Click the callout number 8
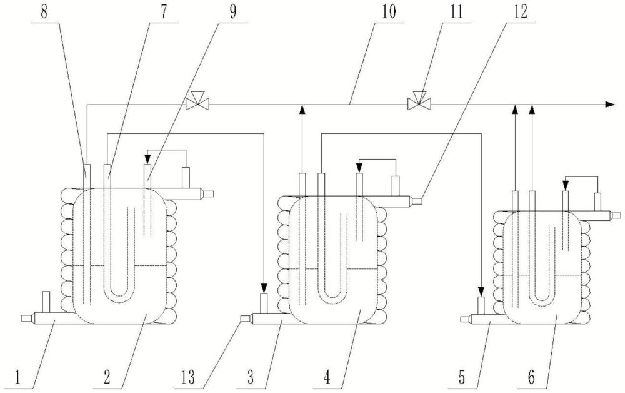click(x=44, y=11)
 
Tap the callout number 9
click(x=232, y=11)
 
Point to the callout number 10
click(x=388, y=11)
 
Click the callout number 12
click(x=521, y=11)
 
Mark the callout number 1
click(x=17, y=377)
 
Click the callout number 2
click(x=107, y=377)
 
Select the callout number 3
click(x=251, y=377)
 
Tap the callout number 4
click(x=327, y=377)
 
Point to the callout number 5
click(x=462, y=377)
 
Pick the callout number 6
click(x=531, y=377)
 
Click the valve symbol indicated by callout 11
click(x=419, y=101)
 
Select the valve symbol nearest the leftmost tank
click(x=197, y=101)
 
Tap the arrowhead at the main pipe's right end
click(x=610, y=104)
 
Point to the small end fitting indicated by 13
click(x=246, y=319)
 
